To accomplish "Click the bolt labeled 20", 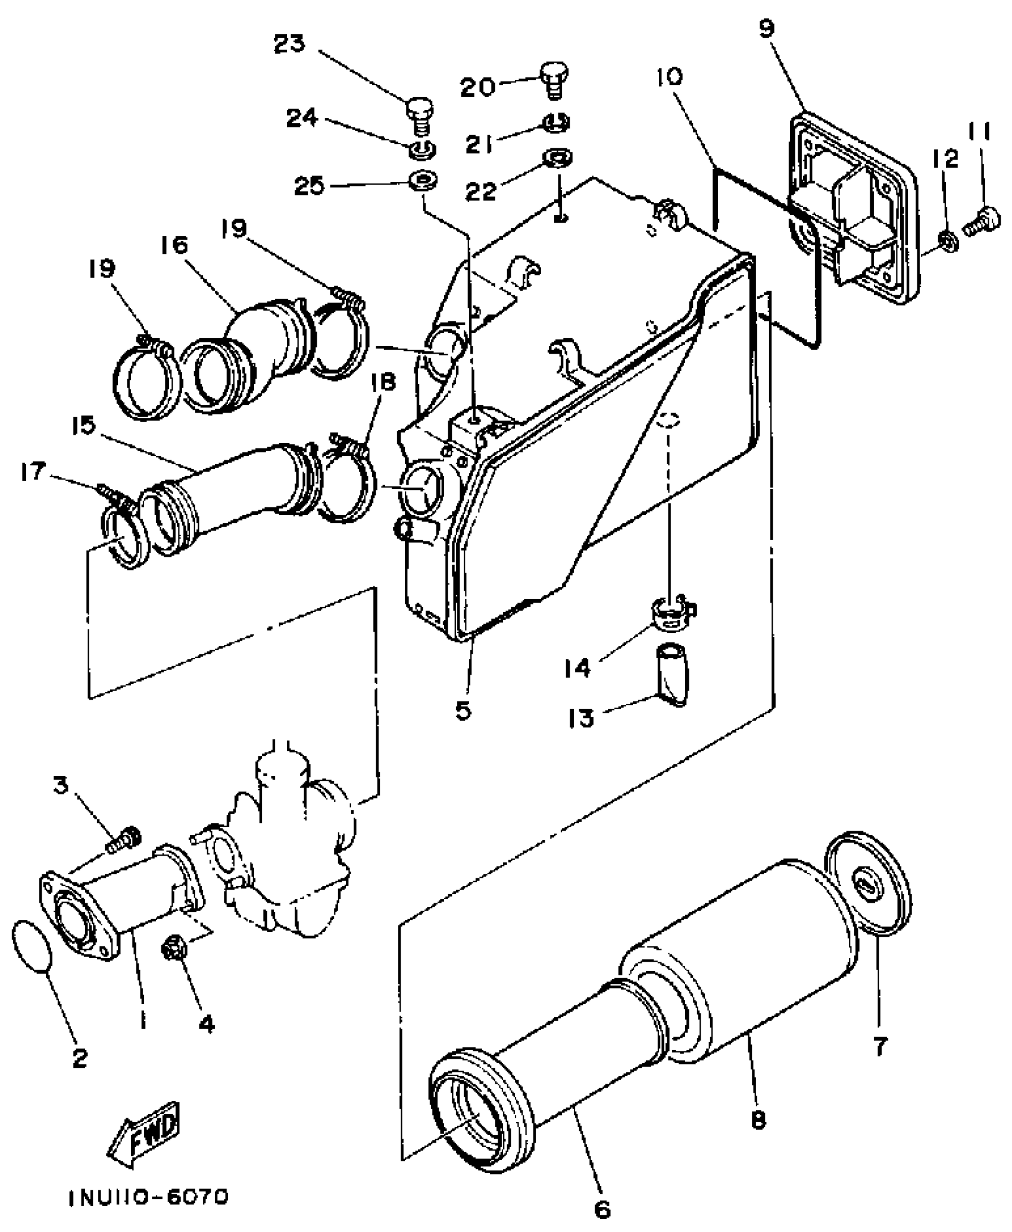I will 554,80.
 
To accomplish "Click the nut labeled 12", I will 947,241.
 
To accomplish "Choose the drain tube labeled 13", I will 671,676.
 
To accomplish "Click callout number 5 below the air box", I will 463,710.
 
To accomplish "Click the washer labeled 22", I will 558,158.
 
